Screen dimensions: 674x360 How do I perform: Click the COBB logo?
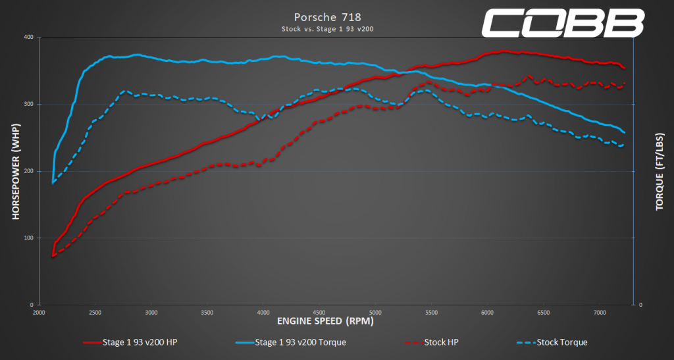point(562,23)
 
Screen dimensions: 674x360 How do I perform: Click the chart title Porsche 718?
point(328,17)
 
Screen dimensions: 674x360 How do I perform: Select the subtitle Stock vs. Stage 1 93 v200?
point(328,29)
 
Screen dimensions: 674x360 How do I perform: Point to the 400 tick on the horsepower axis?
point(29,38)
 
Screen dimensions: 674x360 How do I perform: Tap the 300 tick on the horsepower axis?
point(29,105)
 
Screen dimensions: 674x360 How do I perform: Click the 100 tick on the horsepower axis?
point(29,238)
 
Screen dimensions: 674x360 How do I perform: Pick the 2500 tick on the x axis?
point(95,313)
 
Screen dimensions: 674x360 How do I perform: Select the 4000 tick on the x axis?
point(263,313)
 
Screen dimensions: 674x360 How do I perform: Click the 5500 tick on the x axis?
point(431,313)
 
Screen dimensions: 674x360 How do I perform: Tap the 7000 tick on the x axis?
point(600,313)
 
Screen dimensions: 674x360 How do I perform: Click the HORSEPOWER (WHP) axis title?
point(16,172)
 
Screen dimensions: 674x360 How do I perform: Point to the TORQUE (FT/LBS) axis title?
point(660,172)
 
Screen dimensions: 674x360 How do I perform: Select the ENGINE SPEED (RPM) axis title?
point(325,321)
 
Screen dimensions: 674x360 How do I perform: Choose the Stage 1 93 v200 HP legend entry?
point(130,342)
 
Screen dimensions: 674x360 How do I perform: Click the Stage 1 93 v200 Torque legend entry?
point(291,342)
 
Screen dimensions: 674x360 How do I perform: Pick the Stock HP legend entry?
point(432,342)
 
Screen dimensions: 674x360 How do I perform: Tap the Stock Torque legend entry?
point(552,342)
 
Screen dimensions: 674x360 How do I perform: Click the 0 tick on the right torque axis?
point(640,305)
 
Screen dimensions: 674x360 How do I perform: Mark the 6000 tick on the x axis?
point(488,313)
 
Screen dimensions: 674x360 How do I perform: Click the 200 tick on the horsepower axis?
point(29,171)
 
